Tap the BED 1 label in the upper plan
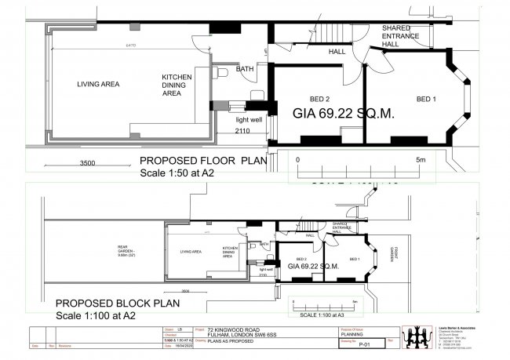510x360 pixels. point(424,100)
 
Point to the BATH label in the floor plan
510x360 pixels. point(245,69)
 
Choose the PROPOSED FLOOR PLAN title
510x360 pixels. point(202,162)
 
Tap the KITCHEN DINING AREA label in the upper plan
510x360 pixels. point(177,84)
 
